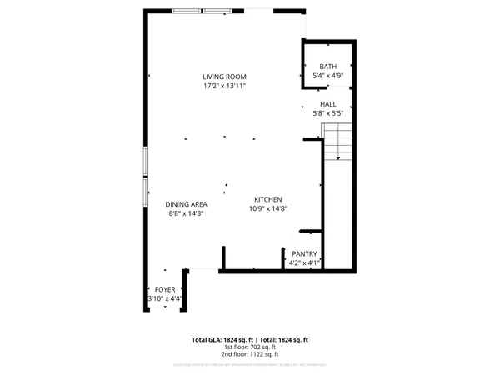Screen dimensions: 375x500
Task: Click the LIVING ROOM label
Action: pos(225,77)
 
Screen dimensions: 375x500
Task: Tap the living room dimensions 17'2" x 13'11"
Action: pos(225,86)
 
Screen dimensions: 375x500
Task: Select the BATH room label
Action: pos(327,67)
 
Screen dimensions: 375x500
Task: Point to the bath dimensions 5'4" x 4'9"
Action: pos(327,76)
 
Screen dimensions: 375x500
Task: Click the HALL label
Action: pos(327,104)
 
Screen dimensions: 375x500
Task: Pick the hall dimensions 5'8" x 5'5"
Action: pos(327,113)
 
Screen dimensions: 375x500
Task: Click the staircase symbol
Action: pos(337,142)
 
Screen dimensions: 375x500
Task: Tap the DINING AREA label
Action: pos(187,204)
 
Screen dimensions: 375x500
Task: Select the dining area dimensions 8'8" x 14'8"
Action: pos(187,213)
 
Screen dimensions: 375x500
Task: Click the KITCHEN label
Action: pos(268,199)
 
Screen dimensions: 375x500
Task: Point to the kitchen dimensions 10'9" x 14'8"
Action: pos(268,208)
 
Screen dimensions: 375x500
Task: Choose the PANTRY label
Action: pos(303,254)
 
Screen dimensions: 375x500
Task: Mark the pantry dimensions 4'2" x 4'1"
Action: pos(303,263)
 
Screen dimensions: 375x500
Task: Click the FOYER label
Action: pos(165,289)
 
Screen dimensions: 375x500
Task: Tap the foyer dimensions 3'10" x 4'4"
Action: pos(165,298)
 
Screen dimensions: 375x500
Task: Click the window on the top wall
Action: pos(202,11)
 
